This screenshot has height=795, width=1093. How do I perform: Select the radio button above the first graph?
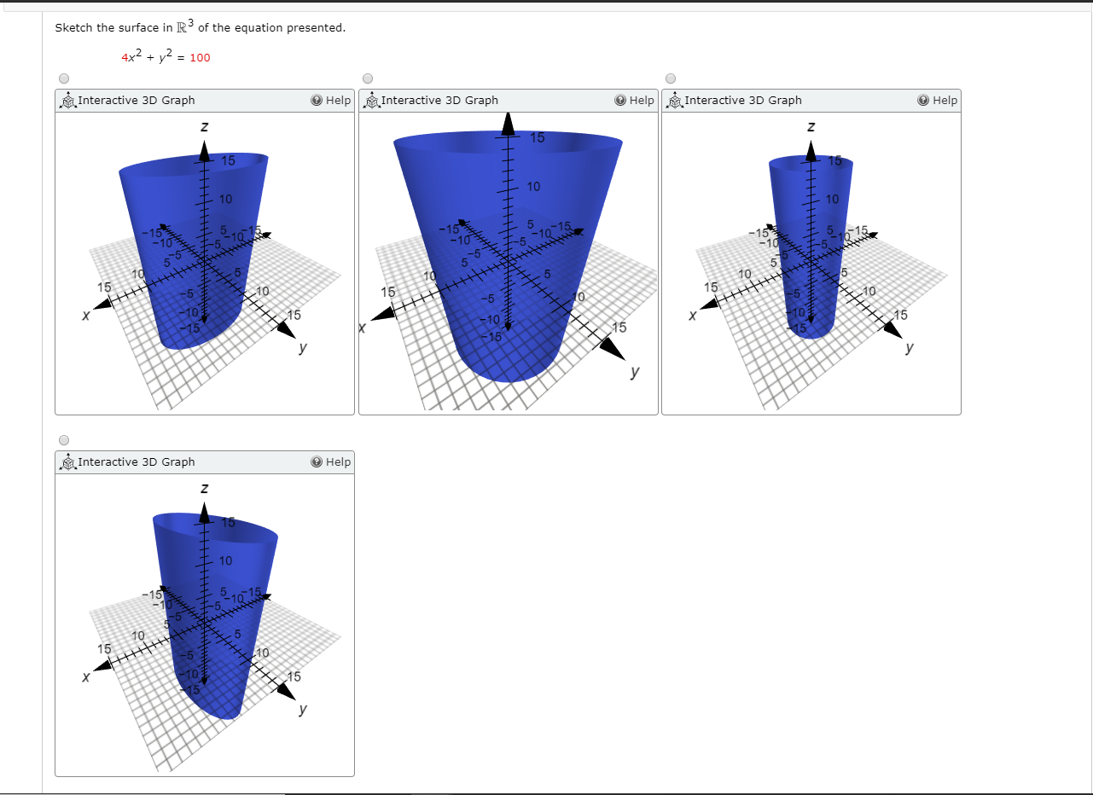[x=63, y=78]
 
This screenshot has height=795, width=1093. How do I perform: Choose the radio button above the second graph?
[x=368, y=78]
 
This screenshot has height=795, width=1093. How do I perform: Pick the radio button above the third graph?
[x=671, y=78]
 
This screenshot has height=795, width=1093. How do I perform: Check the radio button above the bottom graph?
[x=63, y=440]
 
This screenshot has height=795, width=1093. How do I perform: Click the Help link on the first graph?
[x=331, y=101]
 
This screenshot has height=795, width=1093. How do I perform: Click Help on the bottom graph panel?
[x=331, y=462]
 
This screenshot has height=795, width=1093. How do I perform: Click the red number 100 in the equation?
[x=200, y=58]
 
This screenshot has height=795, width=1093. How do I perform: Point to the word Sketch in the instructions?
[x=73, y=28]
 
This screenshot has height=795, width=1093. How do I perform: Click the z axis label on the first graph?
[x=204, y=127]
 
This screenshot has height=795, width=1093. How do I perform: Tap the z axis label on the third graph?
[x=811, y=127]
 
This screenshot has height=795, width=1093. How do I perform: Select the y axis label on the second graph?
[x=634, y=373]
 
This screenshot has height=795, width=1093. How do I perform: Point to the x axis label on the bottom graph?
[x=85, y=676]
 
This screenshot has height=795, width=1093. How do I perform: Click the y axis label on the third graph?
[x=910, y=348]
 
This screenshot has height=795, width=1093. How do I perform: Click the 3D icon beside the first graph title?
[x=67, y=102]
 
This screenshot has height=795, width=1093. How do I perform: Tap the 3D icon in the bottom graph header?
[x=67, y=463]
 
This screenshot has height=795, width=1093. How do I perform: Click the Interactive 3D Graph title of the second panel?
[x=439, y=101]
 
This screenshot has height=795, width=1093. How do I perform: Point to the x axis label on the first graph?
[x=85, y=315]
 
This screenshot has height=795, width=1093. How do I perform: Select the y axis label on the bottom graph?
[x=303, y=710]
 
